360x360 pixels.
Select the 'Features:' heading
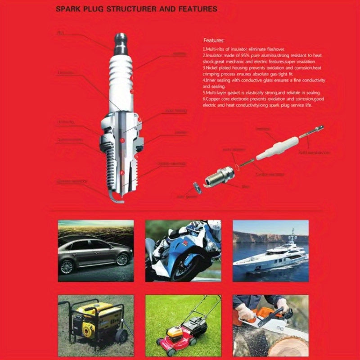214,40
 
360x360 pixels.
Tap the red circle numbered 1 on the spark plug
132,78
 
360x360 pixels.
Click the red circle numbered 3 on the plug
140,120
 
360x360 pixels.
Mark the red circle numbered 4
122,140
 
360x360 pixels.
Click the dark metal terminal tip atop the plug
121,40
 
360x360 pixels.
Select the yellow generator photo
95,322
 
